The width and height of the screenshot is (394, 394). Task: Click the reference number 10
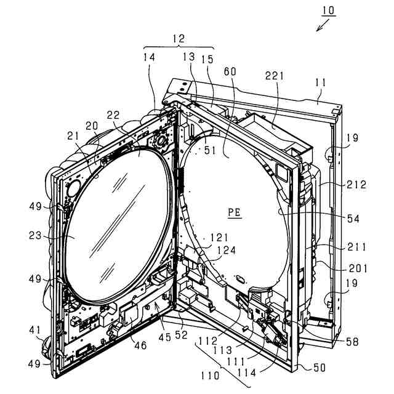(328, 10)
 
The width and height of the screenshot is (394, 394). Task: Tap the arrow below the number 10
(321, 25)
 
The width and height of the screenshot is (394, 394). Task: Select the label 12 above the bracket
(178, 39)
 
